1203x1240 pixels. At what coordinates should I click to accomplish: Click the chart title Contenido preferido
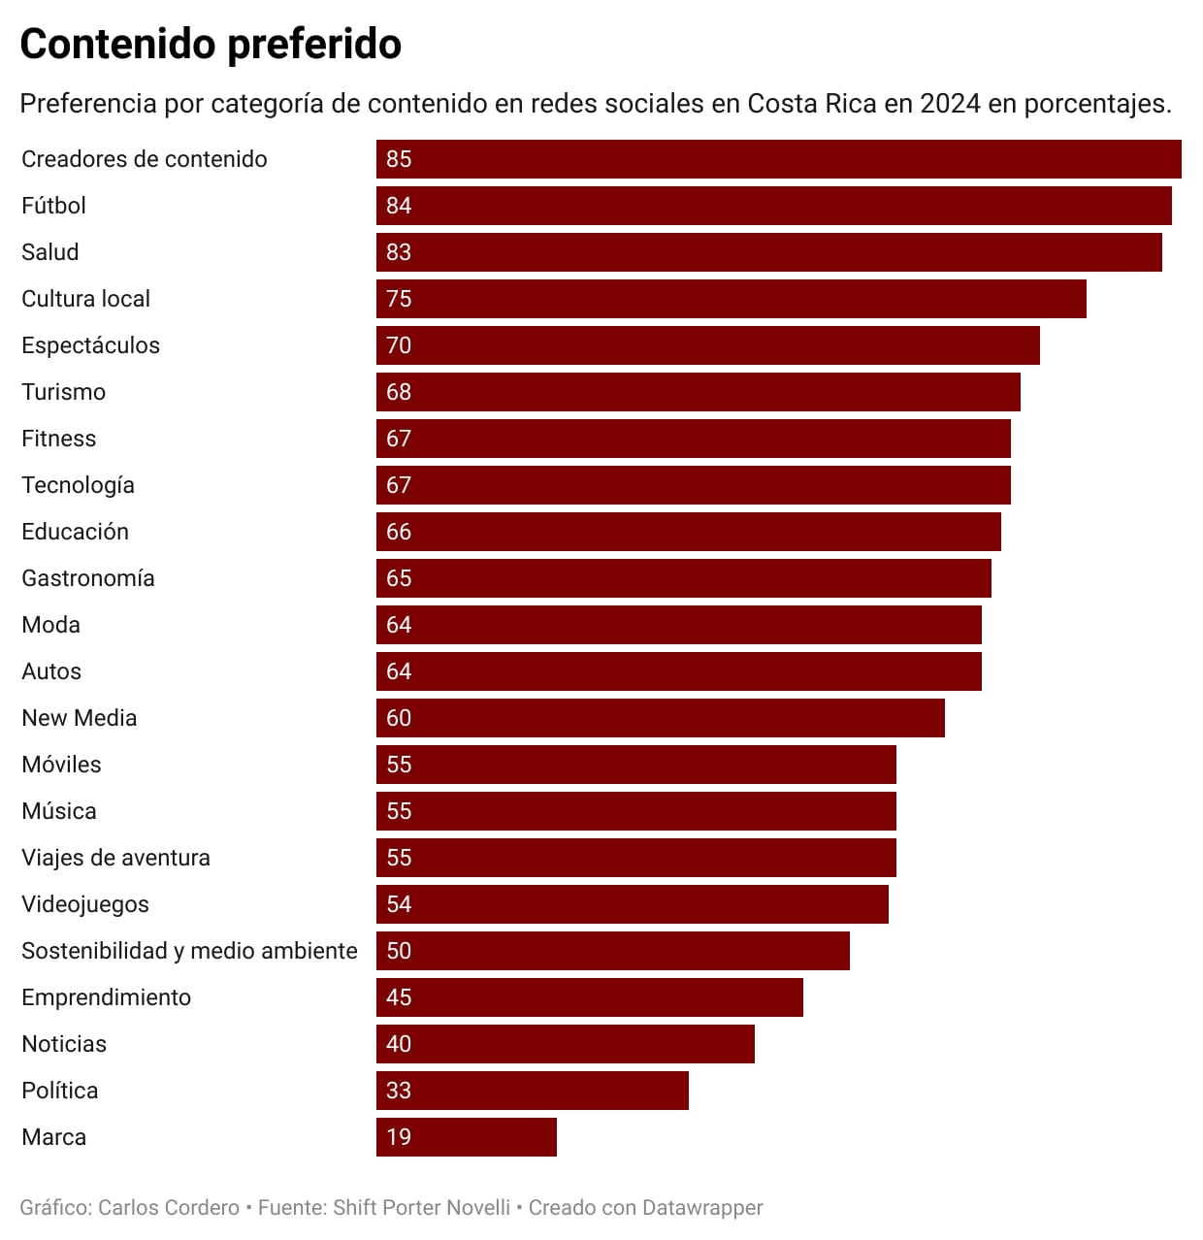tap(211, 45)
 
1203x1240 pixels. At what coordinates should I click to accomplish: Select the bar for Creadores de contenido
tap(778, 159)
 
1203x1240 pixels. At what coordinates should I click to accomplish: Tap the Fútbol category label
tap(54, 206)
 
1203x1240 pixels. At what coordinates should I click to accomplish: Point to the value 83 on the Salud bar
tap(399, 252)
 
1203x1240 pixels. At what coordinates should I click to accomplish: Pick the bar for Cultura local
tap(731, 299)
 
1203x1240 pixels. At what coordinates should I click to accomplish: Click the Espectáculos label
tap(91, 345)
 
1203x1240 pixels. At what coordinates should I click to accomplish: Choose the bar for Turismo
tap(698, 392)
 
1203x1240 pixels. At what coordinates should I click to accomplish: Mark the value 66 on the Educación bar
tap(399, 532)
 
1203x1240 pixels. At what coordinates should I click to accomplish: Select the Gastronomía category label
tap(88, 578)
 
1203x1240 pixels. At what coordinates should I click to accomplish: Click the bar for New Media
tap(660, 718)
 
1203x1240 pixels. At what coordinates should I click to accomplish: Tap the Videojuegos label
tap(85, 904)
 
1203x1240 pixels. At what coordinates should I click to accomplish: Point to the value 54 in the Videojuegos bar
tap(399, 904)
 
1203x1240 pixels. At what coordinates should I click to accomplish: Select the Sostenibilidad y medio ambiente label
tap(189, 951)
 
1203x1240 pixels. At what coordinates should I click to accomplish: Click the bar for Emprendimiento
tap(589, 997)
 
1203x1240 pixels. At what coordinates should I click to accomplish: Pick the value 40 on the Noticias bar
tap(399, 1044)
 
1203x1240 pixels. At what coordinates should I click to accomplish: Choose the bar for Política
tap(532, 1091)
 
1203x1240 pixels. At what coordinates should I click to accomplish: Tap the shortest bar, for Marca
tap(466, 1137)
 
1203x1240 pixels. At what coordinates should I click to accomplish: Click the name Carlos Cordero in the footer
tap(169, 1208)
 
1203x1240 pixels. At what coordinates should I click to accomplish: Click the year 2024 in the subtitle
tap(951, 104)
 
